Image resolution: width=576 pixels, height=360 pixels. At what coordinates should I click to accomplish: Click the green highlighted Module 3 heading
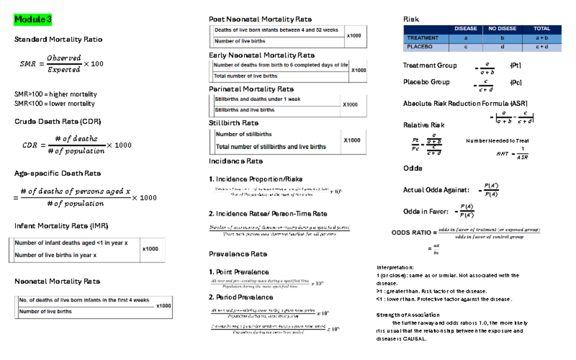(x=33, y=20)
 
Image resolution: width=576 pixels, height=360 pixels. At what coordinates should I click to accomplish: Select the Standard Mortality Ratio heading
(x=58, y=39)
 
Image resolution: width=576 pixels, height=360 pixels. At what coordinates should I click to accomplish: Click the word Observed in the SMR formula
(x=64, y=58)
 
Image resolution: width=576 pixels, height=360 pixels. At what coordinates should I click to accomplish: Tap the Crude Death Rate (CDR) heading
(x=58, y=121)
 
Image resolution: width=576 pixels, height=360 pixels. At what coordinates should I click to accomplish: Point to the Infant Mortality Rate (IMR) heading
(x=58, y=226)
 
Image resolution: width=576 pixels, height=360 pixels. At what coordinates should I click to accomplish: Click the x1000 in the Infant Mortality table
(x=150, y=249)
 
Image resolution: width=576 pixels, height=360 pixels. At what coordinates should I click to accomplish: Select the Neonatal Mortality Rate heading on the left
(x=57, y=281)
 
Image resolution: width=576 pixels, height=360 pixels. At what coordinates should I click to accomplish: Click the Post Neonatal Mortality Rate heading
(x=260, y=19)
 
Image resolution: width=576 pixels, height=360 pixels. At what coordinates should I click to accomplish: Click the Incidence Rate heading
(x=236, y=161)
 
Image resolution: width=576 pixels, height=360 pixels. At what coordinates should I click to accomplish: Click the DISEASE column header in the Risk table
(x=466, y=29)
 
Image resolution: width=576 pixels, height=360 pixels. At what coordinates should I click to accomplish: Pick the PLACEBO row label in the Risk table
(x=420, y=47)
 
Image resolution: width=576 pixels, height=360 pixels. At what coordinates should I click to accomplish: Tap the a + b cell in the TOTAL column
(x=541, y=38)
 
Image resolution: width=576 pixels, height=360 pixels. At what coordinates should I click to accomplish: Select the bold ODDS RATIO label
(x=411, y=233)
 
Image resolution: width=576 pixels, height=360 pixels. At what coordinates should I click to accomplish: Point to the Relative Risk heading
(x=424, y=125)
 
